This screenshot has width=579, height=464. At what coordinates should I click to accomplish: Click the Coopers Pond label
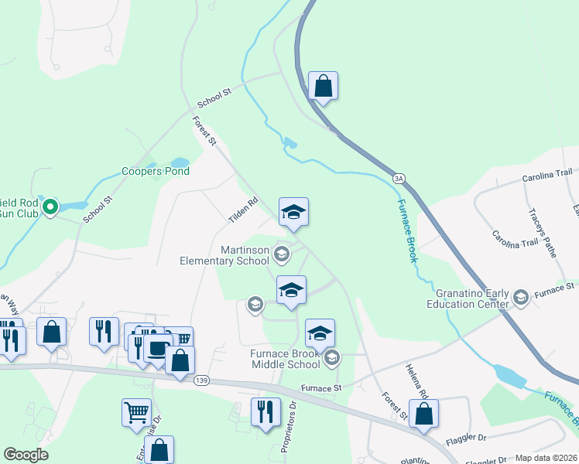pyautogui.click(x=156, y=171)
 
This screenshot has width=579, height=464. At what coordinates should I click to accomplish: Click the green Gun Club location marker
pyautogui.click(x=50, y=206)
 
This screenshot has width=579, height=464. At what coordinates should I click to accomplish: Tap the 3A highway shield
pyautogui.click(x=399, y=179)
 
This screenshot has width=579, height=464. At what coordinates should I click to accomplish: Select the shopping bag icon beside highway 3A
pyautogui.click(x=323, y=85)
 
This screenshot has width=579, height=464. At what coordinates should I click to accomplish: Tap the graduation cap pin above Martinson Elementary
pyautogui.click(x=293, y=212)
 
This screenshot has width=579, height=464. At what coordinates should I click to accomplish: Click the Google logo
pyautogui.click(x=26, y=455)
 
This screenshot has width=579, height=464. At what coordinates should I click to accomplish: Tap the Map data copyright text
pyautogui.click(x=546, y=458)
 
